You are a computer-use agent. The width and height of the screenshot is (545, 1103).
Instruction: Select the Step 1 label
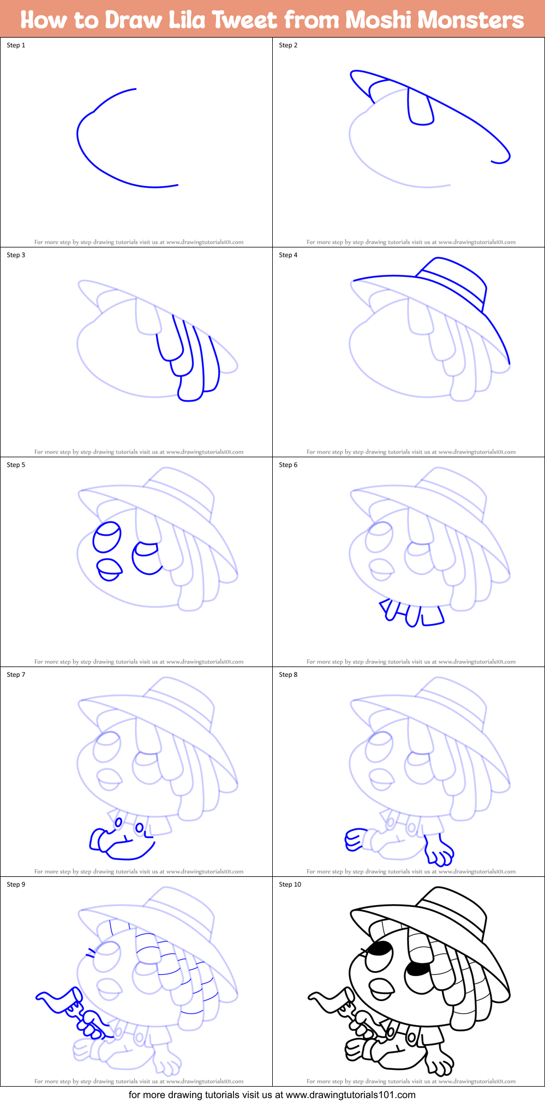(x=16, y=45)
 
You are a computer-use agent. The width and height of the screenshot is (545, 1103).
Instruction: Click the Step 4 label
(x=288, y=255)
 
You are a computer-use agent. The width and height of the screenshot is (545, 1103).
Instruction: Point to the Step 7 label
(x=16, y=675)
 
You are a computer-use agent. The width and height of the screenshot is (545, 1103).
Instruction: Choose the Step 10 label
(x=290, y=884)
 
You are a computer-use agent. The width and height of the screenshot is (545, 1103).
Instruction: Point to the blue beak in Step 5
(x=109, y=568)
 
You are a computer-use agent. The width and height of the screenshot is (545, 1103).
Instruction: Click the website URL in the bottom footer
(x=351, y=1094)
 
